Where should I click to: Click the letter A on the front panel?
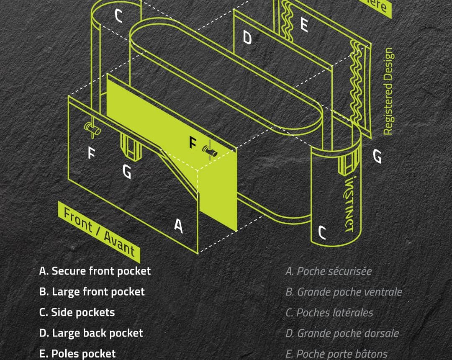click(179, 226)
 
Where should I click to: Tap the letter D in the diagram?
click(247, 38)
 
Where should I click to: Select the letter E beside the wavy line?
click(304, 25)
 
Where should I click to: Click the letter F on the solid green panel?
click(193, 143)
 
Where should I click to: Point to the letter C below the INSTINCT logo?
click(322, 232)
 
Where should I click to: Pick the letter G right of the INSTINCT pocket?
click(377, 157)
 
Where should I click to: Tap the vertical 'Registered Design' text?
click(388, 91)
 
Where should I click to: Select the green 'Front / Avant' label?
click(99, 231)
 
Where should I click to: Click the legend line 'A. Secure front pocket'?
click(95, 271)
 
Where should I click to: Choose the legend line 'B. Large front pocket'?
click(92, 292)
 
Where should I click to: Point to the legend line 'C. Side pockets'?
click(77, 312)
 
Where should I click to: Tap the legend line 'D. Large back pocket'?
click(91, 333)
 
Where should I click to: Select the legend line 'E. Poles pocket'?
click(77, 354)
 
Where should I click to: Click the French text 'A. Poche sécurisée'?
click(329, 271)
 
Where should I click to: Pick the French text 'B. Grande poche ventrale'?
click(344, 292)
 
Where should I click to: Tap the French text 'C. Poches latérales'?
click(329, 313)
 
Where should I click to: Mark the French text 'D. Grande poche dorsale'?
click(342, 334)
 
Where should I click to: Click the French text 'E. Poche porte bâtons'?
click(336, 354)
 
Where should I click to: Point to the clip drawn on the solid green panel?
click(210, 151)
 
